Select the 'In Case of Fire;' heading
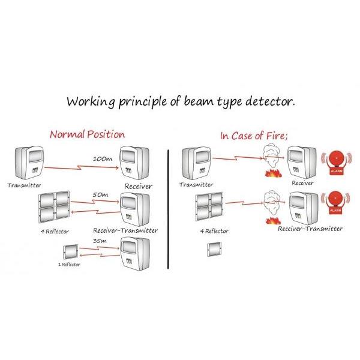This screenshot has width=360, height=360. pos(254,135)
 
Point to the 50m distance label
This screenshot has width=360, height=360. pos(100,196)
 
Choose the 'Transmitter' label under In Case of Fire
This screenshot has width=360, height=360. pos(197,185)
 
